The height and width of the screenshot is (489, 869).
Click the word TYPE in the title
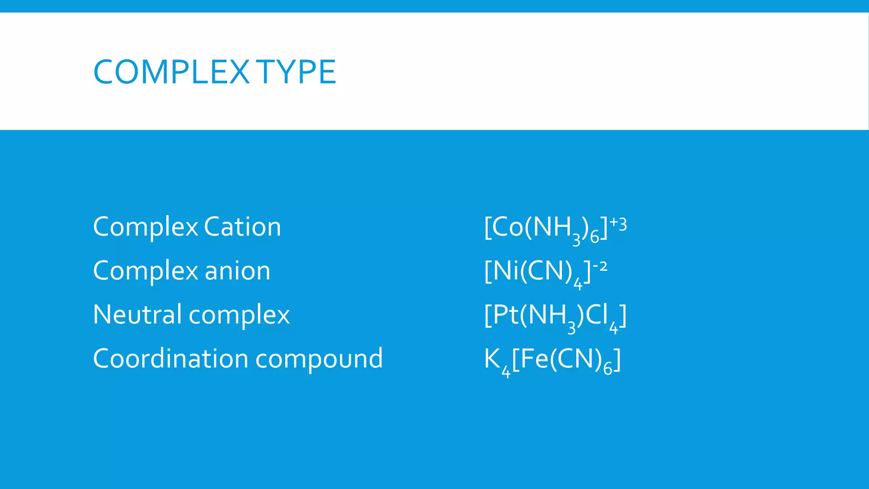click(x=296, y=72)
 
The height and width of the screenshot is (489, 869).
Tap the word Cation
click(x=242, y=227)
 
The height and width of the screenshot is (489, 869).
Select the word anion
click(x=237, y=271)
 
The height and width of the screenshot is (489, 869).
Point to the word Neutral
click(x=137, y=315)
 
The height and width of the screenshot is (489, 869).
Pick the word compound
click(x=319, y=359)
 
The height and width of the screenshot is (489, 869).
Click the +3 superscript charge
click(x=618, y=224)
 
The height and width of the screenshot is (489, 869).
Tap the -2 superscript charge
click(x=600, y=267)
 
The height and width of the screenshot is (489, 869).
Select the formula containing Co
click(x=555, y=228)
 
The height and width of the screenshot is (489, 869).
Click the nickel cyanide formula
click(x=545, y=272)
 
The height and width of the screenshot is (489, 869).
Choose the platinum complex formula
click(x=555, y=316)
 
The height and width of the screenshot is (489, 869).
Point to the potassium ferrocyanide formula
click(x=552, y=360)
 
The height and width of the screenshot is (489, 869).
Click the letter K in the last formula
click(x=492, y=358)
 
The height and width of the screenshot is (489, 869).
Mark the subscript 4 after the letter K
click(x=506, y=372)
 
